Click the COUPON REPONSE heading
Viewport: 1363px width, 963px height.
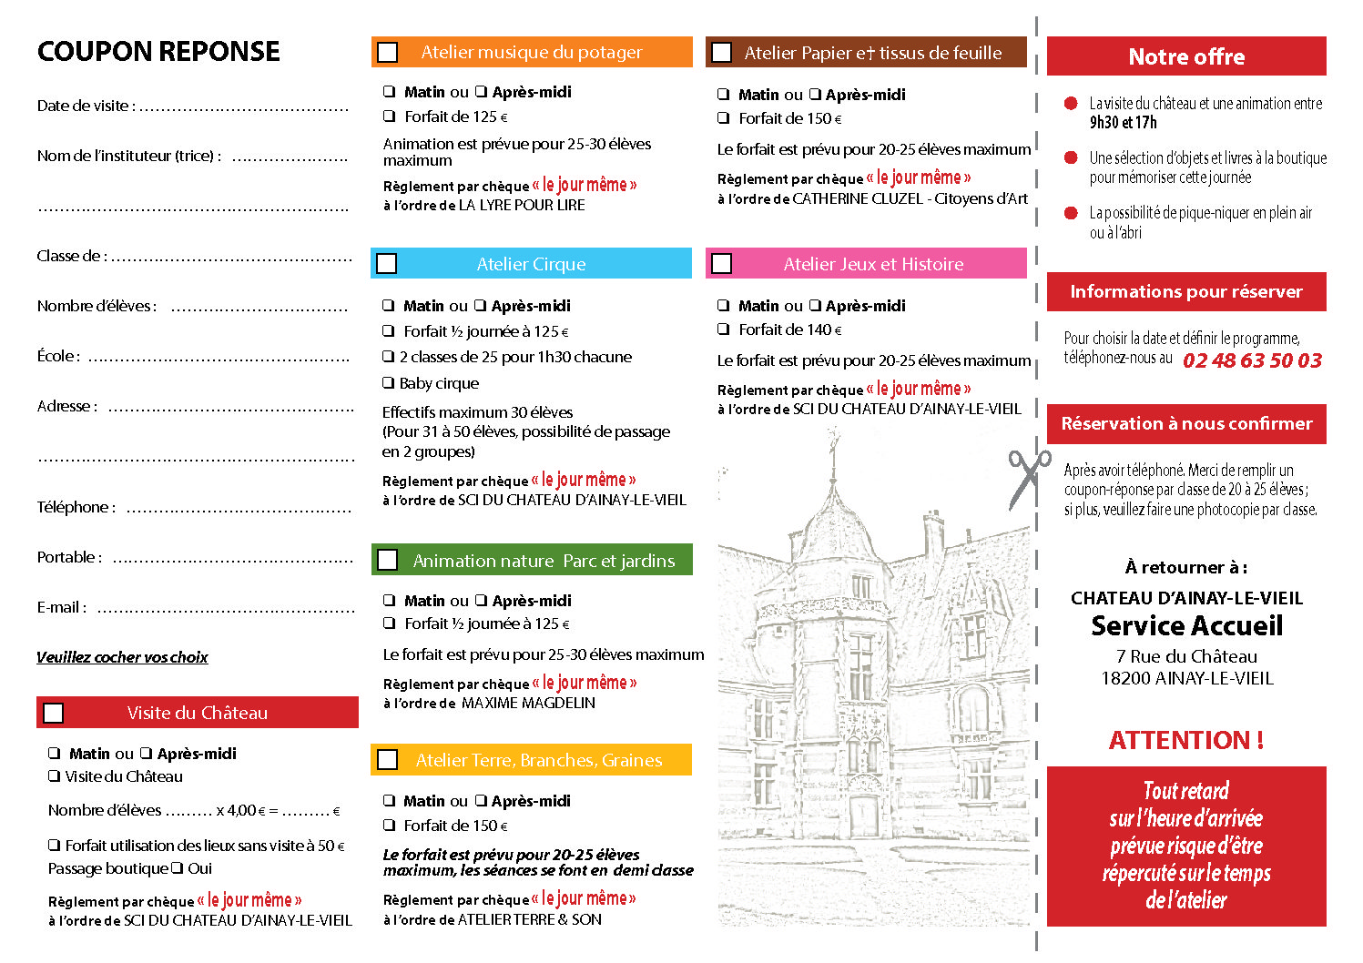click(158, 52)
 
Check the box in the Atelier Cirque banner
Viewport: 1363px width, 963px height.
click(387, 264)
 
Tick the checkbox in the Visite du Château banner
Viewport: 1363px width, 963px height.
click(54, 713)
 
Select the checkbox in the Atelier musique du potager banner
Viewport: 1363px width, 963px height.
click(388, 52)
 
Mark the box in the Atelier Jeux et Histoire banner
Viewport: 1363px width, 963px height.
click(722, 264)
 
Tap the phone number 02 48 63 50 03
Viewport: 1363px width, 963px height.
click(1252, 360)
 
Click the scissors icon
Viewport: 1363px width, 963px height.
click(1027, 477)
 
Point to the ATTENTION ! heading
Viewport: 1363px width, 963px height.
click(1185, 740)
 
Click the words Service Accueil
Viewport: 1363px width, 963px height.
click(1186, 626)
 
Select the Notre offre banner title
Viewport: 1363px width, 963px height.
click(1185, 56)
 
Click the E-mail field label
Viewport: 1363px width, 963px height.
click(61, 607)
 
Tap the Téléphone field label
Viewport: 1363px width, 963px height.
click(76, 507)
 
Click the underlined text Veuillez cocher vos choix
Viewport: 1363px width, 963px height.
click(122, 657)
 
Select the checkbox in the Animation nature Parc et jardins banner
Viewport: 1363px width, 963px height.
click(388, 560)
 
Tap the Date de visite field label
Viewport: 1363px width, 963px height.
click(86, 106)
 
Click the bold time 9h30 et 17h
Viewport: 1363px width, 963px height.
click(1123, 123)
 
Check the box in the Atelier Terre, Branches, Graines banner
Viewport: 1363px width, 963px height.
click(388, 760)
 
